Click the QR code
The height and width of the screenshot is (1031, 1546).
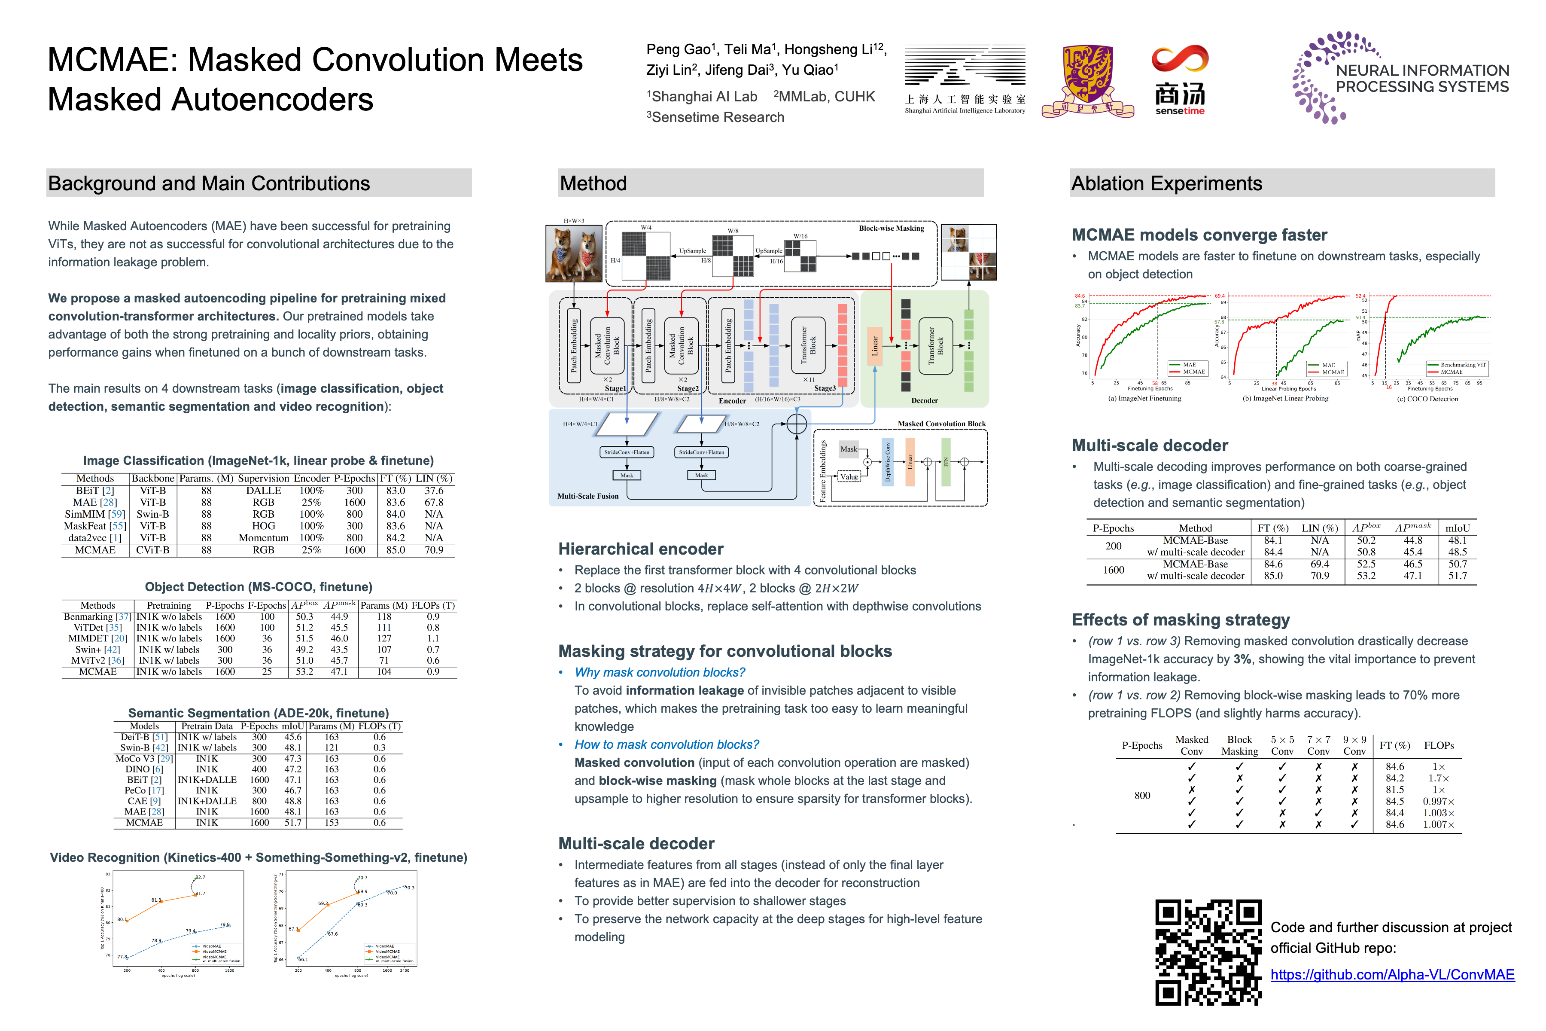pyautogui.click(x=1208, y=952)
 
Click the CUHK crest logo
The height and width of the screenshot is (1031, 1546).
pyautogui.click(x=1087, y=80)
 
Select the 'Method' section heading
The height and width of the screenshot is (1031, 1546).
pyautogui.click(x=593, y=183)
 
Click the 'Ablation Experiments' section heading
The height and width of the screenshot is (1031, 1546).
pyautogui.click(x=1166, y=183)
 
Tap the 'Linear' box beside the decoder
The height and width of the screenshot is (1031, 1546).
pyautogui.click(x=874, y=347)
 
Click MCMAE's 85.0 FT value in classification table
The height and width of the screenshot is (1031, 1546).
pyautogui.click(x=395, y=550)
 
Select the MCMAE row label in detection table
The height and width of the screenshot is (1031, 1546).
pyautogui.click(x=97, y=672)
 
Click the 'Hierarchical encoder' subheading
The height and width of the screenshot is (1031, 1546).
pyautogui.click(x=640, y=549)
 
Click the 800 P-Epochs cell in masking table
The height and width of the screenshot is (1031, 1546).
pyautogui.click(x=1142, y=796)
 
